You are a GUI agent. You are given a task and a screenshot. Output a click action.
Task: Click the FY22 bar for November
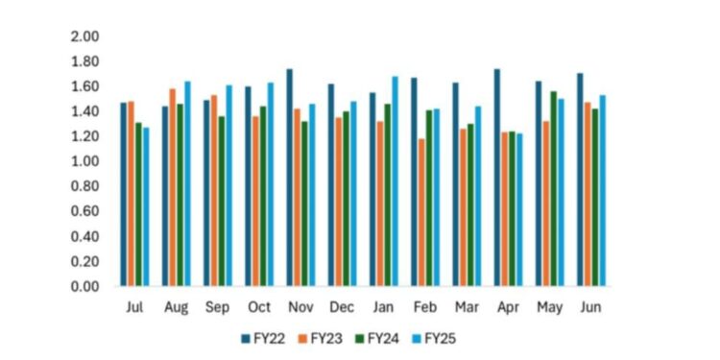click(x=290, y=178)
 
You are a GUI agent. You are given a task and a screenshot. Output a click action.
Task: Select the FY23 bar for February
click(x=420, y=212)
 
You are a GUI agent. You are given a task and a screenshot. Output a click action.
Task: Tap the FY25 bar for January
click(x=395, y=181)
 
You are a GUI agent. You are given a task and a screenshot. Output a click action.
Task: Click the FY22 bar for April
click(x=497, y=178)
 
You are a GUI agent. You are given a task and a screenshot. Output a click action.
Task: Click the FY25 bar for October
click(x=270, y=184)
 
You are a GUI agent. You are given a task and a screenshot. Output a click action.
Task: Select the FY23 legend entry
click(x=325, y=338)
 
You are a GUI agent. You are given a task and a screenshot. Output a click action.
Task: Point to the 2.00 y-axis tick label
click(x=85, y=36)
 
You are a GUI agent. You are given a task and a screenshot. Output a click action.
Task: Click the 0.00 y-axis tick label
click(x=85, y=286)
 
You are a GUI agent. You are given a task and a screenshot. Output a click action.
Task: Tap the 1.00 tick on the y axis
click(x=85, y=161)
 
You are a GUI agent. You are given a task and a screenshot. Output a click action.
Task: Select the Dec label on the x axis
click(x=342, y=307)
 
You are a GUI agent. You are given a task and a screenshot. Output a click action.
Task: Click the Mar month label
click(x=467, y=307)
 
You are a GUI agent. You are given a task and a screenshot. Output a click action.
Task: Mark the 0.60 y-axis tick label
click(x=85, y=211)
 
